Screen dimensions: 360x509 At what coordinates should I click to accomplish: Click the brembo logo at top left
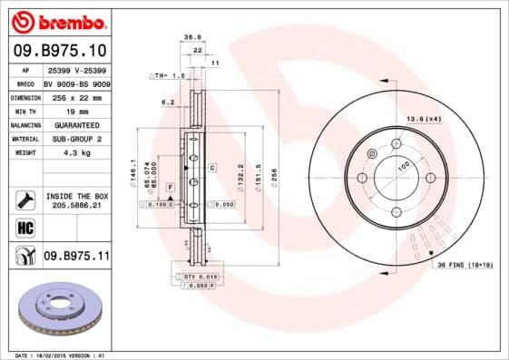(x=56, y=20)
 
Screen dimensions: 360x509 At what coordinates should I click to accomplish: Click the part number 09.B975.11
(x=76, y=257)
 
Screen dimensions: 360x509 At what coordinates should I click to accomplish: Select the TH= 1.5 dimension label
(x=168, y=77)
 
